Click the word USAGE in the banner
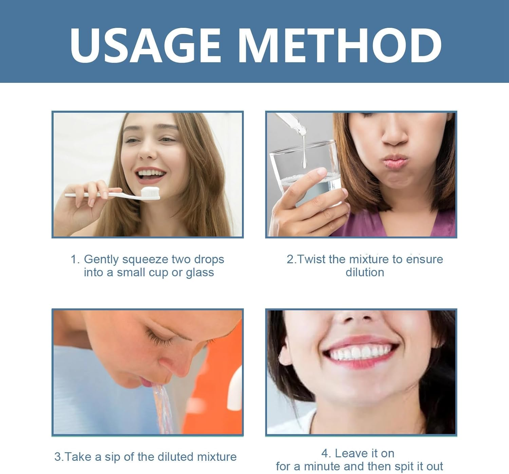tap(145, 45)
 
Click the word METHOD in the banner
tap(340, 45)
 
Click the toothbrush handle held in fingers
tap(102, 195)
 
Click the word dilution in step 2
tap(365, 272)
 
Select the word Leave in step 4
tap(350, 453)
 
